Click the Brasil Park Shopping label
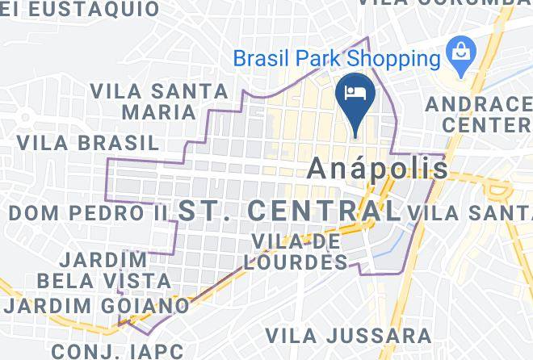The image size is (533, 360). coord(336,59)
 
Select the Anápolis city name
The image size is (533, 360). coord(379,168)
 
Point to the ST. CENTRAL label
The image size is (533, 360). coord(289,211)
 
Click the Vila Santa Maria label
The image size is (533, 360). coord(144,100)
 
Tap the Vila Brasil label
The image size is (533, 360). coord(87,143)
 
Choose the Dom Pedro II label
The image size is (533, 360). coord(87,213)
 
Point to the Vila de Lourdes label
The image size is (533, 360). coord(299,251)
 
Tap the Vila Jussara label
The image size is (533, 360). coord(349,335)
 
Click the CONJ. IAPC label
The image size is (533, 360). coord(117,351)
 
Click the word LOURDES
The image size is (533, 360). coord(299,262)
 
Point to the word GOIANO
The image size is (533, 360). coord(143,307)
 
